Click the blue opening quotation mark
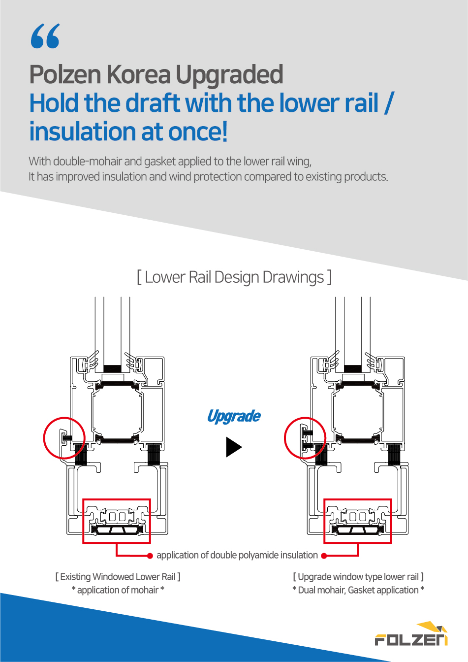pyautogui.click(x=45, y=36)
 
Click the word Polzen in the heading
pyautogui.click(x=65, y=74)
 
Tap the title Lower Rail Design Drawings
pyautogui.click(x=234, y=277)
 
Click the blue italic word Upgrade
pyautogui.click(x=234, y=417)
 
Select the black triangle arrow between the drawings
pyautogui.click(x=234, y=447)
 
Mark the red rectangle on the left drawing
pyautogui.click(x=117, y=499)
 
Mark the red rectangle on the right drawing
pyautogui.click(x=358, y=499)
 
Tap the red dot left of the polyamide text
pyautogui.click(x=150, y=556)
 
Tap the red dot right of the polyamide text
pyautogui.click(x=324, y=556)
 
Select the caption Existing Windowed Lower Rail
pyautogui.click(x=118, y=577)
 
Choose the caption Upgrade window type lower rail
pyautogui.click(x=358, y=577)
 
